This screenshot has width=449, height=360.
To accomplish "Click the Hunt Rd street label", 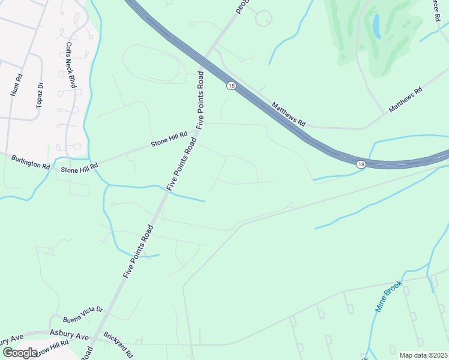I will (x=16, y=85).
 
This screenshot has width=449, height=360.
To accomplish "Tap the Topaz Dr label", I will (x=40, y=94).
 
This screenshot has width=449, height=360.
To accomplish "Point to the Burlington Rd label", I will (x=30, y=162).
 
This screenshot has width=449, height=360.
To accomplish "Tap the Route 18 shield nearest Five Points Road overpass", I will (x=231, y=86).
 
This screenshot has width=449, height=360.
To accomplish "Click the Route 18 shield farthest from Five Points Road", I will (x=360, y=164).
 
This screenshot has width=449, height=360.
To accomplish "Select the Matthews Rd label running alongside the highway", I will (x=289, y=113).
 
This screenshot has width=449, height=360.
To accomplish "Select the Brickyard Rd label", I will (x=118, y=345).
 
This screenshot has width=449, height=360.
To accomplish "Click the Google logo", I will (x=20, y=352).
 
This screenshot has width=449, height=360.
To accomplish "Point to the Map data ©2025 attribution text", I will (x=423, y=355).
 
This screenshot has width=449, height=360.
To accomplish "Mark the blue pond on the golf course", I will (x=376, y=26).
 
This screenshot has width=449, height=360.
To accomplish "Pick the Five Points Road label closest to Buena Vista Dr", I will (x=138, y=252).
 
